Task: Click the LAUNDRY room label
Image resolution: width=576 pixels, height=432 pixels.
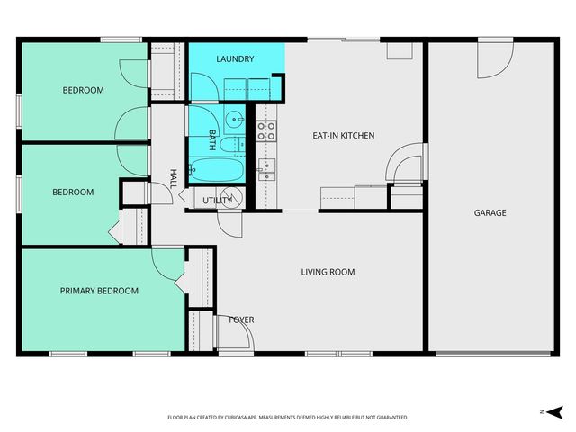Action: tap(235, 59)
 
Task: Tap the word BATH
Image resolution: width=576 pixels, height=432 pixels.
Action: tap(212, 139)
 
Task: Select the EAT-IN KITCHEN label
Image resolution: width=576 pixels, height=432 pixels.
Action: tap(343, 136)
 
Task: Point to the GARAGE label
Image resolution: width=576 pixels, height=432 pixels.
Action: tap(490, 213)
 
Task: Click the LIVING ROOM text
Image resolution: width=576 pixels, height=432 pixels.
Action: tap(328, 272)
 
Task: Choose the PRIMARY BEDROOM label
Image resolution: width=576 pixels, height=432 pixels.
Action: tap(99, 291)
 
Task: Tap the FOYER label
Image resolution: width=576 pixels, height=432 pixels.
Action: tap(241, 319)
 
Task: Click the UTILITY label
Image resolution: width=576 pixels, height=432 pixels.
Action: tap(217, 200)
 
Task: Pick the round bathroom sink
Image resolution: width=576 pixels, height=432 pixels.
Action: tap(234, 118)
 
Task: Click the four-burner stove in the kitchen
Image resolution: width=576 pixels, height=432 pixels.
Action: tap(266, 131)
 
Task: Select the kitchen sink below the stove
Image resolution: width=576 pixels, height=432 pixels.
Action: tap(266, 168)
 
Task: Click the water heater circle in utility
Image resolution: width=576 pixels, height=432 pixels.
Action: tap(229, 198)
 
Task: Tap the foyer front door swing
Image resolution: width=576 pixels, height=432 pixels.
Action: tap(233, 334)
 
